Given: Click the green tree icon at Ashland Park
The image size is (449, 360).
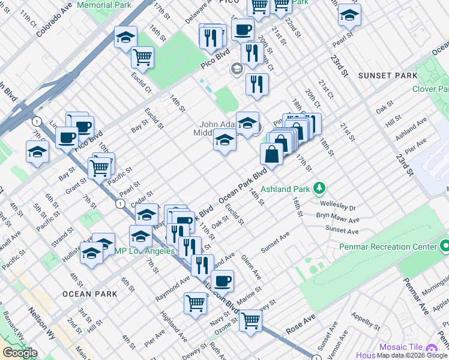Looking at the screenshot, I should (x=321, y=189).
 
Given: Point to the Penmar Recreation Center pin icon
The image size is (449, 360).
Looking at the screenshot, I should (x=444, y=247).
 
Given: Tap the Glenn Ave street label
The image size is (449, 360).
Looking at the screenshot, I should (x=251, y=267).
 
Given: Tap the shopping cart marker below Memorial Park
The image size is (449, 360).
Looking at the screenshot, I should (x=143, y=57).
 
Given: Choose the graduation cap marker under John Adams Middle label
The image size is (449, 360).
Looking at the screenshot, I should (x=224, y=141).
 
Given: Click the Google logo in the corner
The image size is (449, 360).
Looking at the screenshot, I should (x=19, y=353).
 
